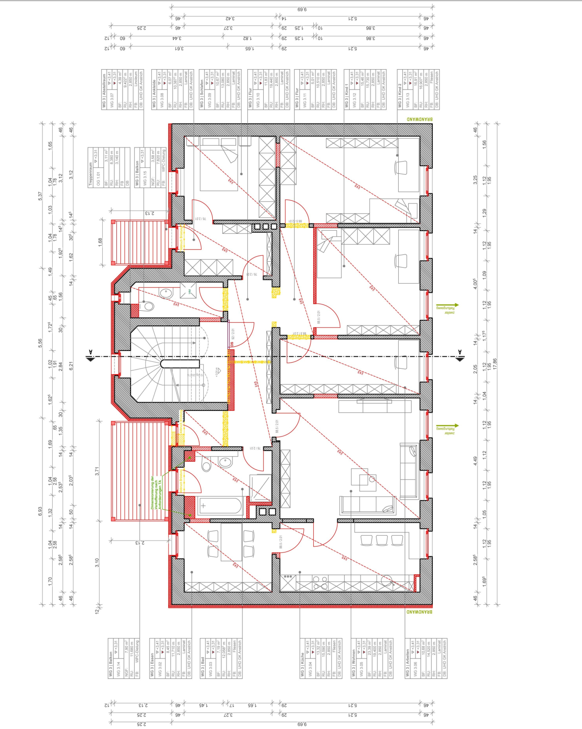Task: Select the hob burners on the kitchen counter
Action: [x=319, y=582]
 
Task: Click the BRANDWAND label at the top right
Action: [x=419, y=119]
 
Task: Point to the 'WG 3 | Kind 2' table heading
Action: [x=400, y=95]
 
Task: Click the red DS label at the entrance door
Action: [x=231, y=344]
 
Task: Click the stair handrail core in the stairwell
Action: [x=180, y=364]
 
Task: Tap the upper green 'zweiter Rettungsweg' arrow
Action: [x=447, y=306]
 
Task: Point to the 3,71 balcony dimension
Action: [x=97, y=471]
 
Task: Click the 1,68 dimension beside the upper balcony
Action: [x=100, y=242]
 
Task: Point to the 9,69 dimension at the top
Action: [x=302, y=9]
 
